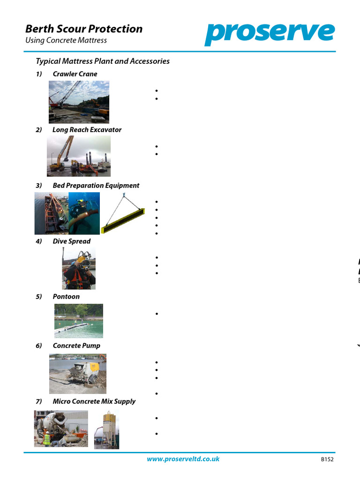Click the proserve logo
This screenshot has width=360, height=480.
point(270,33)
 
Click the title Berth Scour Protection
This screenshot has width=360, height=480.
point(84,29)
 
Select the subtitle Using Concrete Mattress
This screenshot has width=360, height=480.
point(66,40)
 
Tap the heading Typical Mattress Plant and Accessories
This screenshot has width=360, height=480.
point(103,61)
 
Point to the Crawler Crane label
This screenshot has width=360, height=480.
point(75,74)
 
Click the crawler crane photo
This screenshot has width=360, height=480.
point(79,102)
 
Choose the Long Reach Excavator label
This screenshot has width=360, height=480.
point(87,130)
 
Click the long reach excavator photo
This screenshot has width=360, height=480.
point(79,156)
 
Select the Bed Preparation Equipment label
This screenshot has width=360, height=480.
point(96,186)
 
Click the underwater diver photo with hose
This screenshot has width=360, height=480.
point(84,213)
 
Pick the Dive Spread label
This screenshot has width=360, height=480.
point(71,241)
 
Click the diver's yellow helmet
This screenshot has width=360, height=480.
point(83,258)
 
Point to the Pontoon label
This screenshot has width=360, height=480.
point(66,297)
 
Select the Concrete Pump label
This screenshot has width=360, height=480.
point(76,346)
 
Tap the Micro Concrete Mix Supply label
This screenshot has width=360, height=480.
point(94,401)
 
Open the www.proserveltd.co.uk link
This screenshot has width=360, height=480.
point(183,459)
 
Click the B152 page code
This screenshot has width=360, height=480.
point(327,460)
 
